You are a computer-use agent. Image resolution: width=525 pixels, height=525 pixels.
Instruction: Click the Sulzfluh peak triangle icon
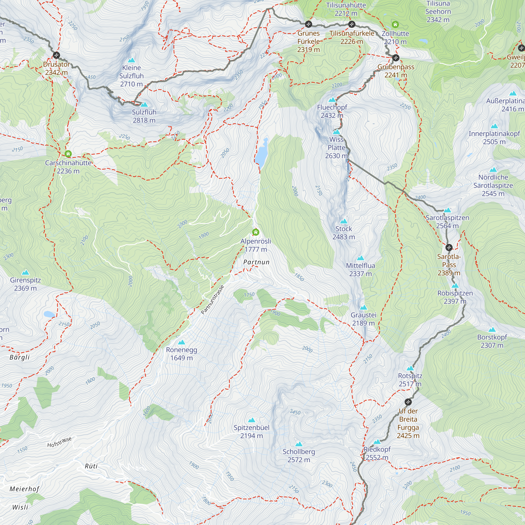pyautogui.click(x=144, y=105)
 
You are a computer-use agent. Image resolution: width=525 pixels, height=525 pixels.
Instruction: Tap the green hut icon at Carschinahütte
pyautogui.click(x=68, y=154)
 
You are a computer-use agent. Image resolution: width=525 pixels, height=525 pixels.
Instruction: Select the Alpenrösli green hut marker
pyautogui.click(x=255, y=232)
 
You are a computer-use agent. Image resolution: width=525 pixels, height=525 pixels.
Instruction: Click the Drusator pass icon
pyautogui.click(x=56, y=55)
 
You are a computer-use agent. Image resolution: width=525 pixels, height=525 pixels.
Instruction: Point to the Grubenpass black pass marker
pyautogui.click(x=396, y=57)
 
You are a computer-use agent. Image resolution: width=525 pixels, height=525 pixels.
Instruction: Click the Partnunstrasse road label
pyautogui.click(x=213, y=300)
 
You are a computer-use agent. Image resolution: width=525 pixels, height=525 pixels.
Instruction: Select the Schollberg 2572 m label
pyautogui.click(x=299, y=455)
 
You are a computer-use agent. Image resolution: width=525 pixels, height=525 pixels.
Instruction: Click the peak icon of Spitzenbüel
pyautogui.click(x=252, y=420)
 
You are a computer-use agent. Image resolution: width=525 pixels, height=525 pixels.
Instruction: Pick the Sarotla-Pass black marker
pyautogui.click(x=449, y=248)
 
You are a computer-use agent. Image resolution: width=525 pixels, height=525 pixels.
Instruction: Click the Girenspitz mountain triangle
pyautogui.click(x=25, y=272)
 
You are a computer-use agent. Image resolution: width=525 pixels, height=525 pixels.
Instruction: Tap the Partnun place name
pyautogui.click(x=256, y=262)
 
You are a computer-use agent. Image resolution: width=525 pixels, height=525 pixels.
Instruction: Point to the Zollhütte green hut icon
pyautogui.click(x=395, y=25)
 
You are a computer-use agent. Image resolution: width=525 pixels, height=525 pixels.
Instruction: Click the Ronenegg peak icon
pyautogui.click(x=182, y=342)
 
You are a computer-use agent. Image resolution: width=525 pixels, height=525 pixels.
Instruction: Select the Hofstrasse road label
pyautogui.click(x=59, y=442)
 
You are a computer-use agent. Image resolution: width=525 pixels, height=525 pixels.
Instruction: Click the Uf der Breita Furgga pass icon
pyautogui.click(x=408, y=402)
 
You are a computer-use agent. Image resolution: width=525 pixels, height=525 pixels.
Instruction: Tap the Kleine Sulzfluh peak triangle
pyautogui.click(x=131, y=60)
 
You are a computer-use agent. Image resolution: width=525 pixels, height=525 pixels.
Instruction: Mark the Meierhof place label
pyautogui.click(x=24, y=489)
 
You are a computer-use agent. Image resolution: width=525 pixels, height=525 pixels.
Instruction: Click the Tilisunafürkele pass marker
pyautogui.click(x=352, y=24)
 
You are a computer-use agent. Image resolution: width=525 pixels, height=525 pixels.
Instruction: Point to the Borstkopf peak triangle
pyautogui.click(x=492, y=330)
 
